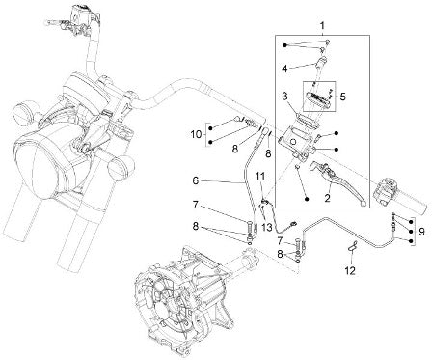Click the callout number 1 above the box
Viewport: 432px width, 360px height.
pos(322,25)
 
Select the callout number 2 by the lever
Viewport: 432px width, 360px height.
pos(327,198)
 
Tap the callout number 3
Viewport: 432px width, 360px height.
pos(285,96)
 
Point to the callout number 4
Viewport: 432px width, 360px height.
pos(285,69)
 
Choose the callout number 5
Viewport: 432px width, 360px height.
pos(343,97)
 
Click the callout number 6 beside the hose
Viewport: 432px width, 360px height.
pos(196,180)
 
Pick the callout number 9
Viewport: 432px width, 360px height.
pos(421,231)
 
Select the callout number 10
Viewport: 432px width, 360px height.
pos(196,134)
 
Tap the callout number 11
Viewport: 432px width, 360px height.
pos(260,176)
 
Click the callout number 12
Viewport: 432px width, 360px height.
pos(350,271)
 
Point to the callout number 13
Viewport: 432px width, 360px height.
pos(267,228)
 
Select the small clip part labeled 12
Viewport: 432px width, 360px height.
pos(352,246)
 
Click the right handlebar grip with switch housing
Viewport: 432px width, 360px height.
pos(400,198)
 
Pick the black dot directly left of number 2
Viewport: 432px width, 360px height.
pos(307,199)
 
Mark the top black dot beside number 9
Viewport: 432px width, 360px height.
pos(411,222)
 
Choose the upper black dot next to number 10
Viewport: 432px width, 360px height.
pos(210,128)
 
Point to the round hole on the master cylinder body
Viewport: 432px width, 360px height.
pos(293,141)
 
